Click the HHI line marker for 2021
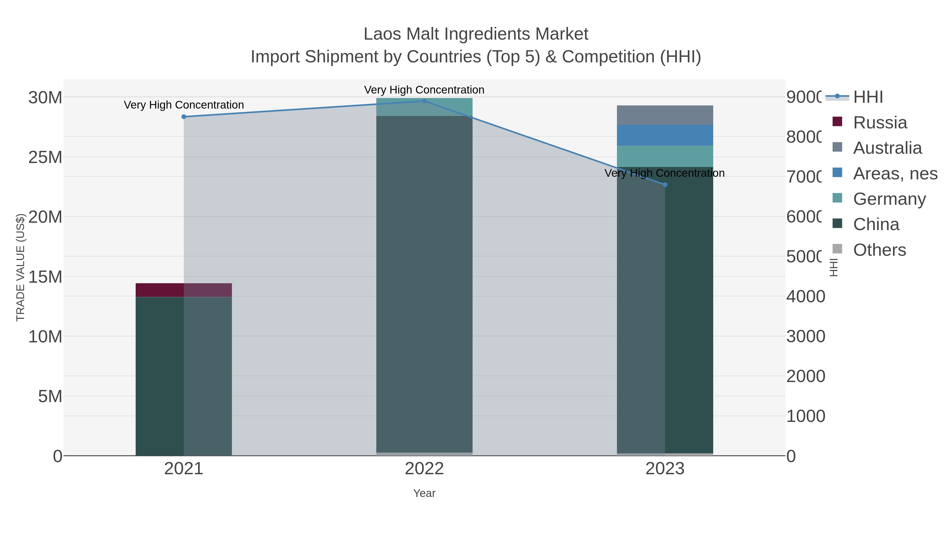184,117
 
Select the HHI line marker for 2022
424,101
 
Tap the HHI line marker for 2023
665,185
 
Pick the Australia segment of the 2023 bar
665,115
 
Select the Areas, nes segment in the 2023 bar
665,135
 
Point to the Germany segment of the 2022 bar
424,107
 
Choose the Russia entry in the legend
880,123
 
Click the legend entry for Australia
887,148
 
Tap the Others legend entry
879,250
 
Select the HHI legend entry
868,97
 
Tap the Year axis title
424,493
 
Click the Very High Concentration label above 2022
424,90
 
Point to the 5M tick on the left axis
50,397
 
